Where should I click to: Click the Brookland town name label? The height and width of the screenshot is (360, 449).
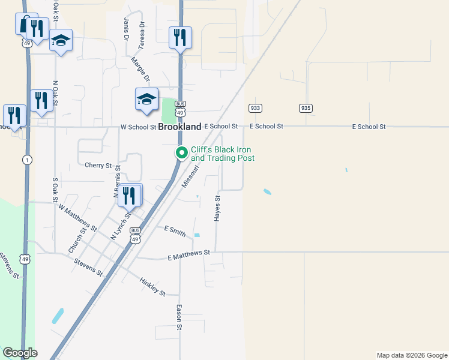pos(179,127)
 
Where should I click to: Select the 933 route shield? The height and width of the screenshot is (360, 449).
pos(255,108)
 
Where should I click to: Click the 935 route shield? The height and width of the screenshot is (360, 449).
pos(306,108)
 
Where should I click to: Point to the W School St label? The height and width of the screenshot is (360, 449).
pos(138,127)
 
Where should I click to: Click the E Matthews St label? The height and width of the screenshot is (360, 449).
pos(189,255)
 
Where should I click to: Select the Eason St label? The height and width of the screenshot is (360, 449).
pos(179,317)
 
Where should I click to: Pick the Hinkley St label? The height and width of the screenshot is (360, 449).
pos(152,286)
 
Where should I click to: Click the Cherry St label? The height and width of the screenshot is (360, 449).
pos(98,165)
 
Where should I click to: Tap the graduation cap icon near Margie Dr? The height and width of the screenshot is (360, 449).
pos(146,100)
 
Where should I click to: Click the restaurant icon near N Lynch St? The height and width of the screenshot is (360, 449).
pos(129,195)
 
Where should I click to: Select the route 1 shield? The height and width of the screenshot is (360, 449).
pos(26,160)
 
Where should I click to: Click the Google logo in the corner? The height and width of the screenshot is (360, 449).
pos(20,353)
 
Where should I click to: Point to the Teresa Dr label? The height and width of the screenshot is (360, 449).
pos(142,36)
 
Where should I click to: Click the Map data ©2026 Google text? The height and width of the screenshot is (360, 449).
pos(411,355)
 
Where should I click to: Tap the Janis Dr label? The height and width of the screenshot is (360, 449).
pos(127,29)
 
